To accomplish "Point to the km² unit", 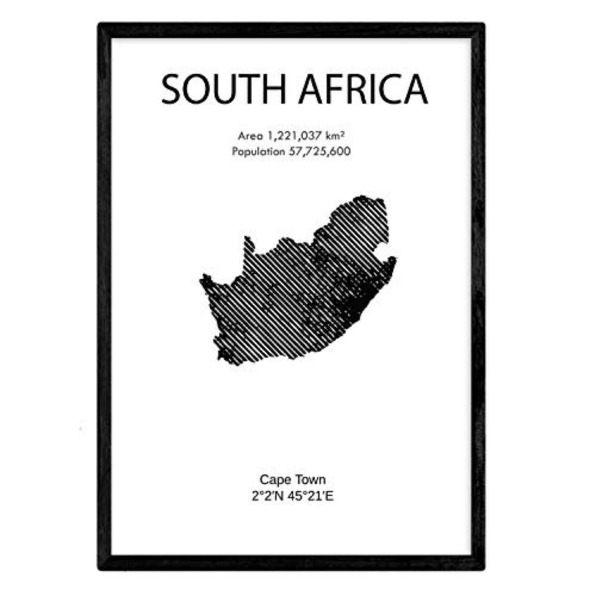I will click(x=337, y=136).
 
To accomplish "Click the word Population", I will click(x=259, y=151).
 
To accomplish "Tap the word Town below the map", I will click(x=310, y=479).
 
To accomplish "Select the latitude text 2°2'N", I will click(x=270, y=494).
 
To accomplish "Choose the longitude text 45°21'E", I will click(x=313, y=494).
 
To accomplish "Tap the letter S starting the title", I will click(x=172, y=90).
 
